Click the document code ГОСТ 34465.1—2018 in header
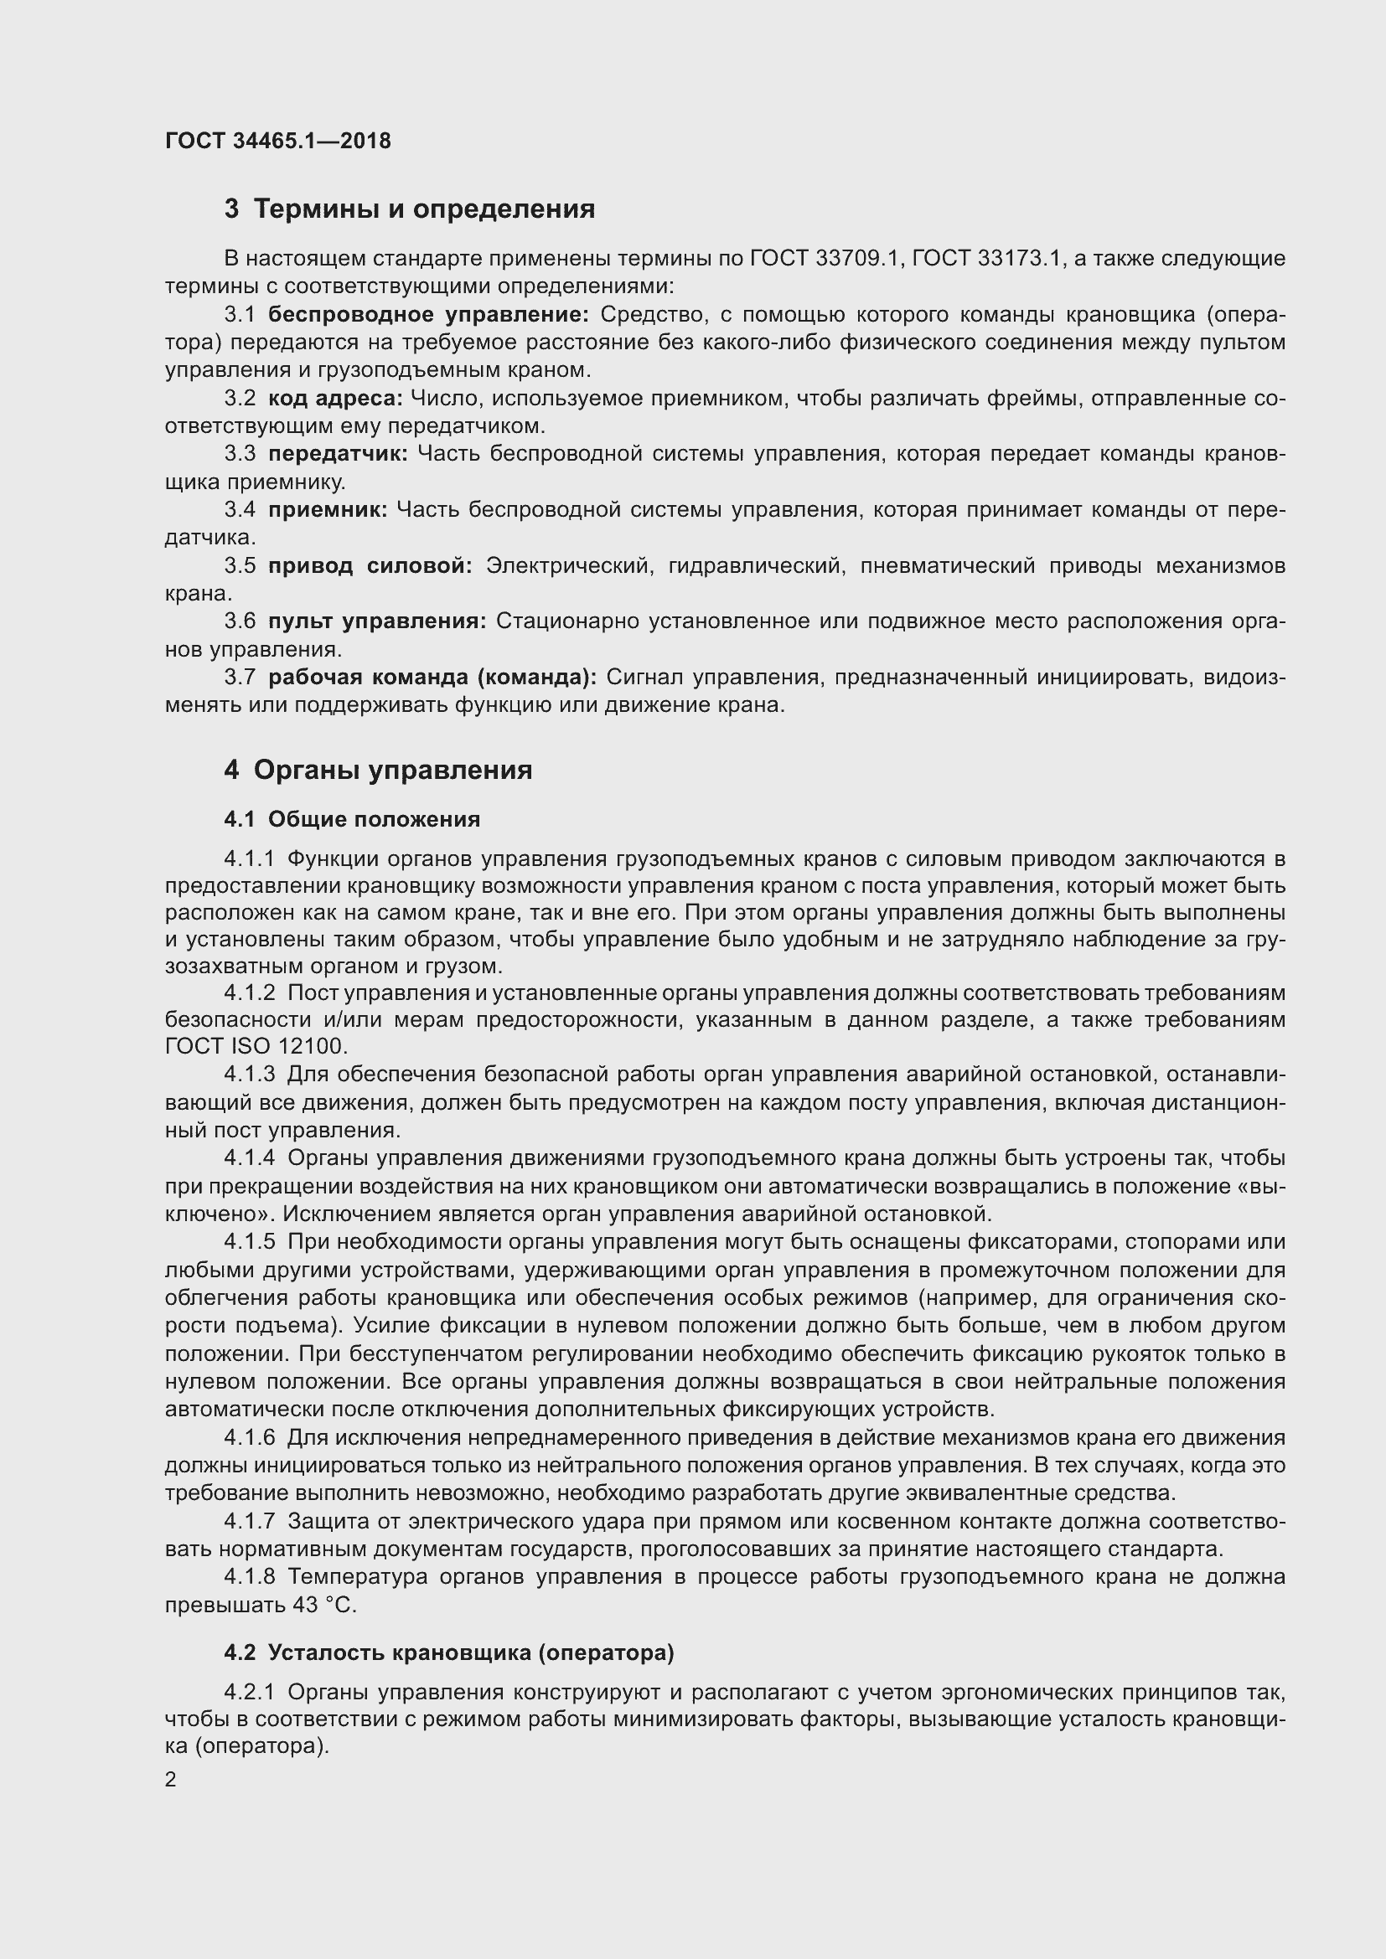coord(278,141)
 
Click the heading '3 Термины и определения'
coord(410,209)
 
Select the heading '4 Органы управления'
coord(378,770)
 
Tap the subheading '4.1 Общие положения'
coord(352,819)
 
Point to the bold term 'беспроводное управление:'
coord(428,315)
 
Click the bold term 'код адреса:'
coord(334,398)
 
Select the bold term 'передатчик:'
coord(338,454)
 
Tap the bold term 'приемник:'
coord(328,509)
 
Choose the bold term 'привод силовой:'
coord(370,565)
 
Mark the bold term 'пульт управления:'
coord(376,621)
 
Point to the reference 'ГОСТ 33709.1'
coord(825,259)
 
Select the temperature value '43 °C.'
coord(324,1605)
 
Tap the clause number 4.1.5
coord(250,1242)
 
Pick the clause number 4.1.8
coord(250,1578)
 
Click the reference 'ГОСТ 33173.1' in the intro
coord(986,259)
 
